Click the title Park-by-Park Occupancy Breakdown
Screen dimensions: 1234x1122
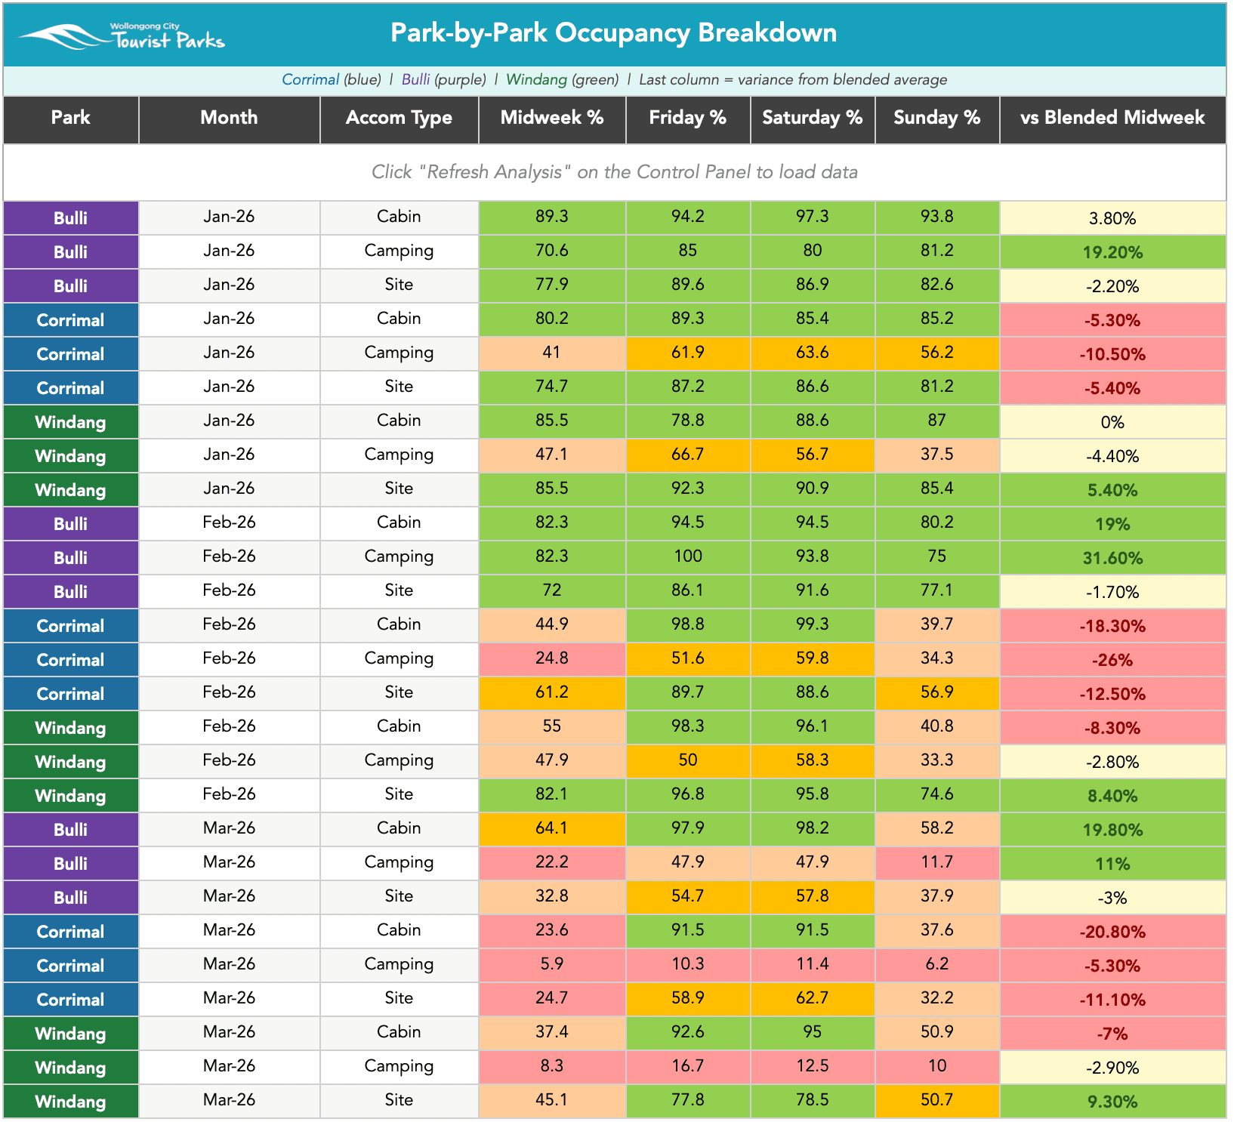click(613, 33)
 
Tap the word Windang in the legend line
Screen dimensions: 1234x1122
click(536, 79)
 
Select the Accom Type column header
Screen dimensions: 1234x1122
click(399, 118)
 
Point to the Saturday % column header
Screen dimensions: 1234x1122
click(813, 118)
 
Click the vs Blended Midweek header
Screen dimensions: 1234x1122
click(1112, 118)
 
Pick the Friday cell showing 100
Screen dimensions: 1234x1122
click(688, 556)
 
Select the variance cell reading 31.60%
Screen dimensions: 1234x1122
click(1112, 558)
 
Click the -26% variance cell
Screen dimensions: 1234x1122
click(1112, 660)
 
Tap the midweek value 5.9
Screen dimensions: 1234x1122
click(552, 964)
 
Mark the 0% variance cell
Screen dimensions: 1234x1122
click(1112, 422)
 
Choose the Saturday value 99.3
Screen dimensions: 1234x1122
click(813, 624)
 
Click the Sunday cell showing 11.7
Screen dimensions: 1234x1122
click(937, 862)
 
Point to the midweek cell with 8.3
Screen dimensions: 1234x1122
click(552, 1066)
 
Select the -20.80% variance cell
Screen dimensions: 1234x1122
click(1112, 932)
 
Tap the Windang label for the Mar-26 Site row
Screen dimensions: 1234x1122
click(70, 1102)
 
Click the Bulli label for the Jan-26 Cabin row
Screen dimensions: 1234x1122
click(70, 218)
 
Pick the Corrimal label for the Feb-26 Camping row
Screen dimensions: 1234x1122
click(70, 660)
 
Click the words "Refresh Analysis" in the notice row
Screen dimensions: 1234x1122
click(495, 172)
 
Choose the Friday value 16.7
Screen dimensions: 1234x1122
click(688, 1066)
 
